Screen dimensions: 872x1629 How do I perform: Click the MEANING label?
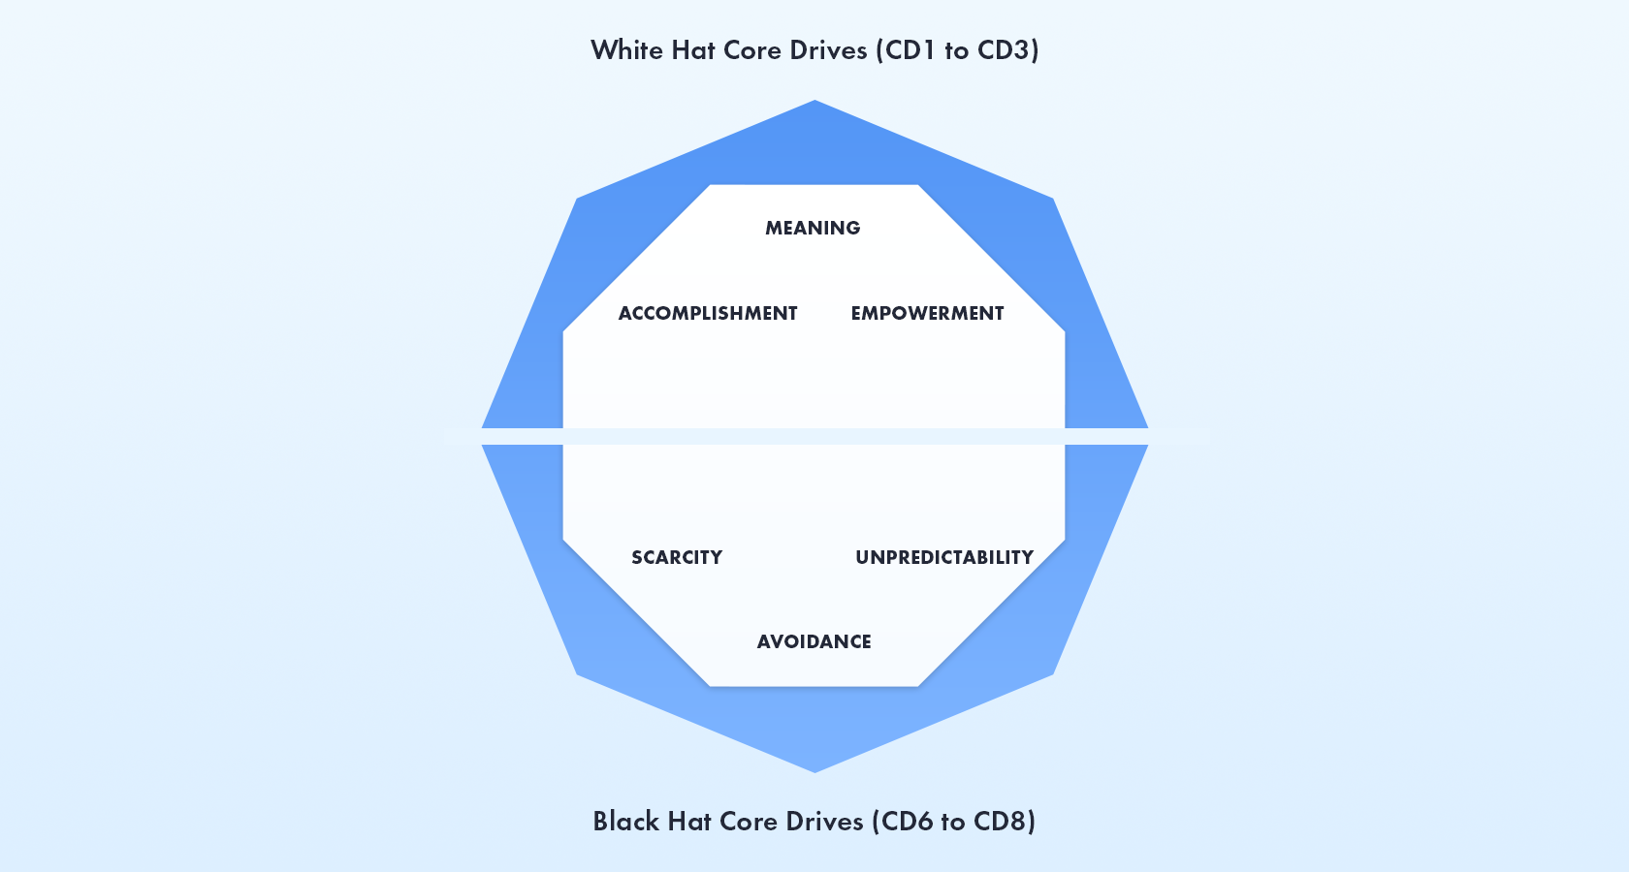click(813, 228)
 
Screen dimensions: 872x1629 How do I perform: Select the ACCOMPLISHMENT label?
click(708, 313)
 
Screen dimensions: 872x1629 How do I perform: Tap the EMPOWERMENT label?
click(927, 313)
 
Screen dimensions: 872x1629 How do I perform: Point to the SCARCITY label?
click(677, 557)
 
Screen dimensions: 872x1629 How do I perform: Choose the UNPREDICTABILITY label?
click(944, 557)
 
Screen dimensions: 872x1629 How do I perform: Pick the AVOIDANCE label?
click(814, 641)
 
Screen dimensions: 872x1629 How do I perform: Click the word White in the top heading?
click(626, 49)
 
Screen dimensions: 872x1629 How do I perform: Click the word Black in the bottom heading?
click(625, 821)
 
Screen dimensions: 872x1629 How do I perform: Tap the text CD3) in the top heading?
click(1008, 49)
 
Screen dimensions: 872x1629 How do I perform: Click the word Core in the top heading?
click(752, 49)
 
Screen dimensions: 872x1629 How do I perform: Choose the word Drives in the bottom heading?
click(824, 821)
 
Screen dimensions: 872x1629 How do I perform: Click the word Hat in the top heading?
click(692, 49)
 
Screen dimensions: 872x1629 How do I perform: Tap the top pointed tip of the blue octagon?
click(814, 103)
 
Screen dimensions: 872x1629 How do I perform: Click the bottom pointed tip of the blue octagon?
click(814, 769)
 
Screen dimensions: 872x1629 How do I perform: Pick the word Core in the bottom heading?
click(749, 821)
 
